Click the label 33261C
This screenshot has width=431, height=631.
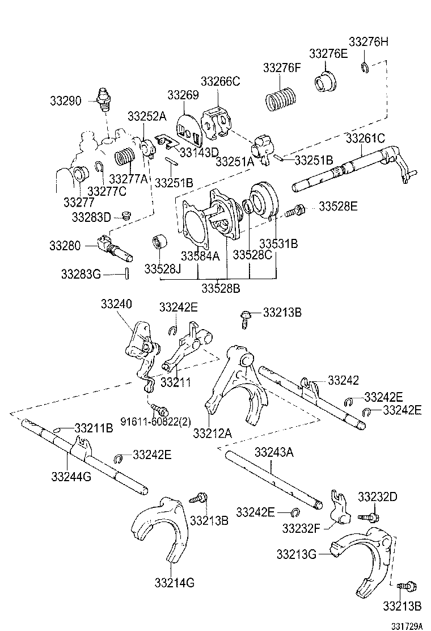pyautogui.click(x=366, y=138)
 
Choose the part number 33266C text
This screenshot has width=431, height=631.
pyautogui.click(x=221, y=81)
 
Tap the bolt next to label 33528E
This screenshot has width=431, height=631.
pyautogui.click(x=297, y=211)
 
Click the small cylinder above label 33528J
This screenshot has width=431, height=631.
pyautogui.click(x=157, y=241)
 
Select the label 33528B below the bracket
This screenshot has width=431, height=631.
pyautogui.click(x=221, y=288)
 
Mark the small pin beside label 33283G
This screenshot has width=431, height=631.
pyautogui.click(x=128, y=274)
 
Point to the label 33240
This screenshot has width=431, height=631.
pyautogui.click(x=117, y=305)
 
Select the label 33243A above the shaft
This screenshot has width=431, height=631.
pyautogui.click(x=274, y=452)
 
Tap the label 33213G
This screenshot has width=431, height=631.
pyautogui.click(x=297, y=553)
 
